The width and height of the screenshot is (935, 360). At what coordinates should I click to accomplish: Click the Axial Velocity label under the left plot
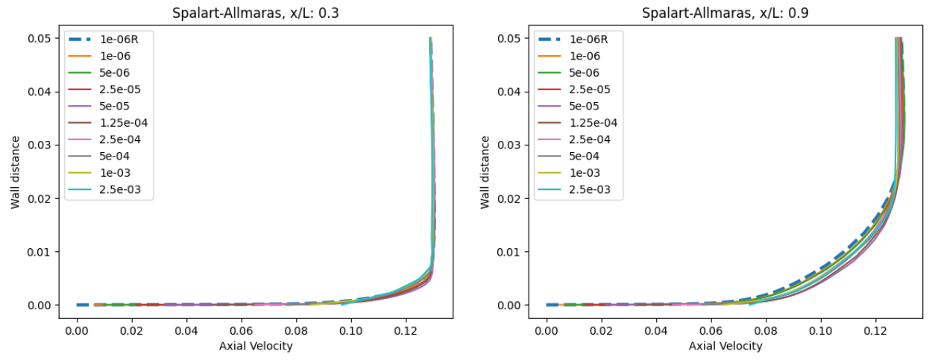[x=256, y=346]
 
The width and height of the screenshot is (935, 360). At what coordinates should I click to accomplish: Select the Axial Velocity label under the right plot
[x=725, y=346]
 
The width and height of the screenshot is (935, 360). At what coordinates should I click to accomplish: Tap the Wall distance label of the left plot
[x=16, y=172]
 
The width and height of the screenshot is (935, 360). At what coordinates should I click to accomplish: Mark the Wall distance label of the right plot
[x=485, y=172]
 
